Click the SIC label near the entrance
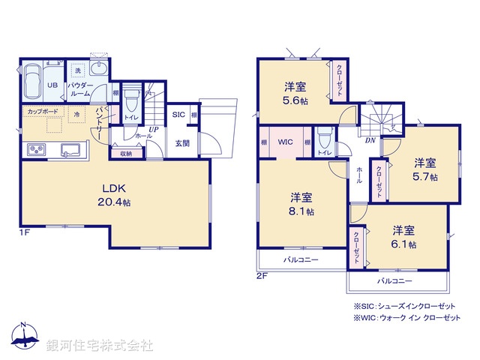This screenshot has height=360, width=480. (178, 115)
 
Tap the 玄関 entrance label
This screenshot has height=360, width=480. (182, 143)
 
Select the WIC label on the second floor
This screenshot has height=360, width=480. (286, 142)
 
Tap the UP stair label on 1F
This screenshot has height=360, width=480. (152, 130)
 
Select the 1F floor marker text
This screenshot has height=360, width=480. (25, 233)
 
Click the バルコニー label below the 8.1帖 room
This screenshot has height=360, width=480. (300, 259)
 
